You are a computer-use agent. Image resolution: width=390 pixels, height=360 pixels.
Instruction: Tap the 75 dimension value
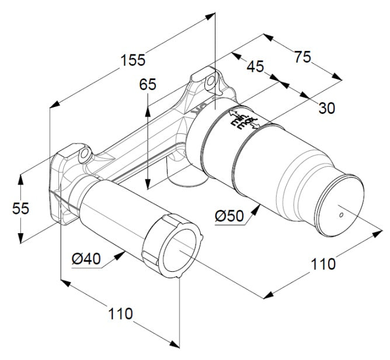pyautogui.click(x=302, y=57)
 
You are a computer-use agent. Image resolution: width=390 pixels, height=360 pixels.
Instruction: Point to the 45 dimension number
pyautogui.click(x=255, y=66)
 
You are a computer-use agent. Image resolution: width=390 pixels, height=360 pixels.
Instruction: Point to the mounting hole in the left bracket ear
pyautogui.click(x=85, y=154)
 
